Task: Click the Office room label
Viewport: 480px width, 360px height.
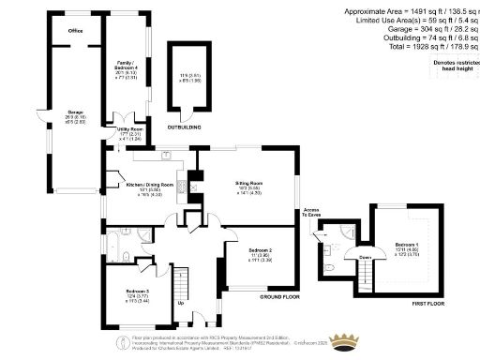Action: click(75, 30)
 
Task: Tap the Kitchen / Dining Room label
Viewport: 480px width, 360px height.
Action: click(145, 186)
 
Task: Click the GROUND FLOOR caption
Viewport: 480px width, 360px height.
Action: click(278, 295)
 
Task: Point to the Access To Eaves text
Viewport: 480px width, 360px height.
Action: click(311, 211)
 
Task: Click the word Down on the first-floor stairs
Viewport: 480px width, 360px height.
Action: click(365, 256)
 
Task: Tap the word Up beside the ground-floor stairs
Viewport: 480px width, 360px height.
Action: click(180, 303)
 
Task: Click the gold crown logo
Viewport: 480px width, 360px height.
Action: click(351, 337)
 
